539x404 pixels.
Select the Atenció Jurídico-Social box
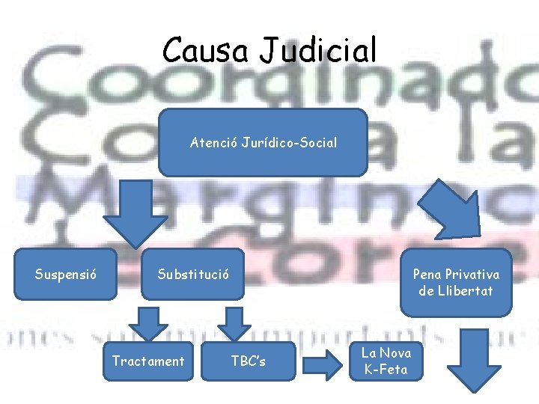(x=264, y=142)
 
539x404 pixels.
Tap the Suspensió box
(x=65, y=274)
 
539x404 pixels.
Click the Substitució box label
(x=193, y=274)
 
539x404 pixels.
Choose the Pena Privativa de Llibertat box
(x=457, y=282)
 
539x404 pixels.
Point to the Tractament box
(x=147, y=361)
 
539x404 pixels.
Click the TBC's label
(x=248, y=362)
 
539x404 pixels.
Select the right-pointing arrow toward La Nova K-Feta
(x=323, y=364)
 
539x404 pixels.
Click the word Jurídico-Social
(x=289, y=142)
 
